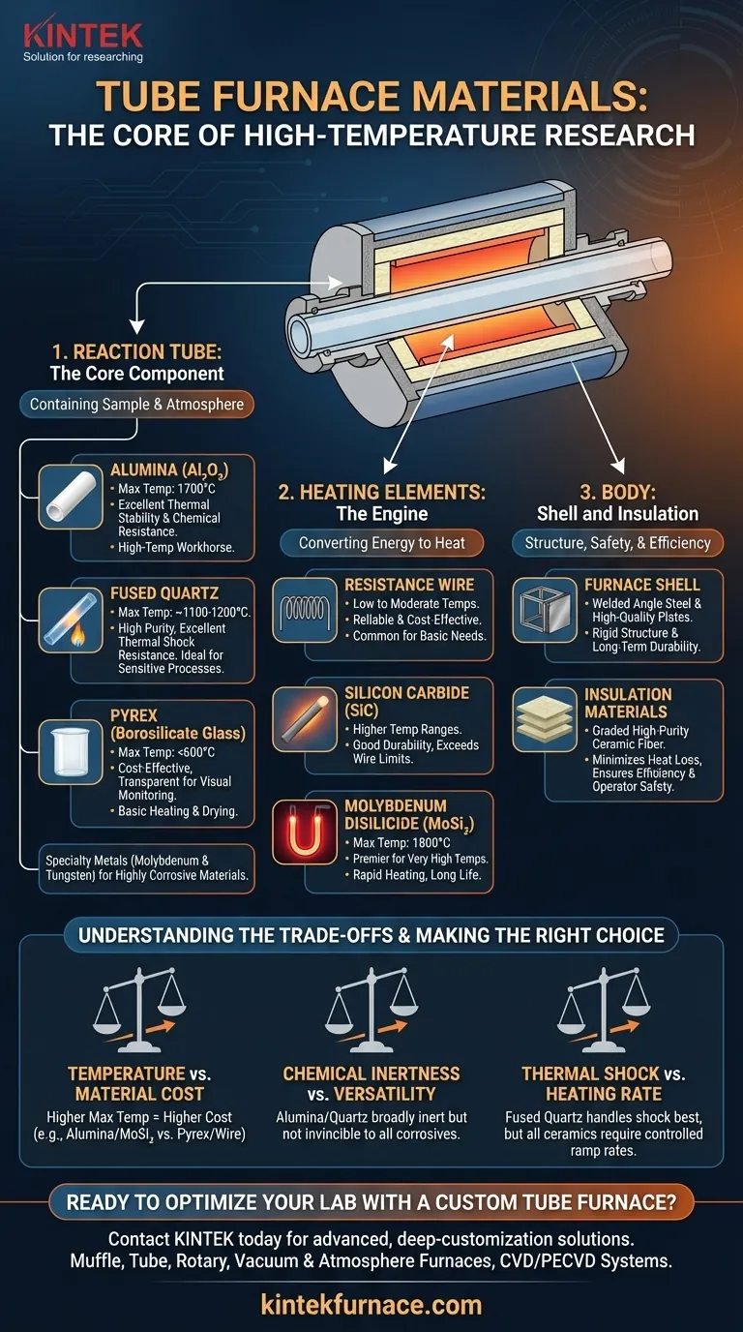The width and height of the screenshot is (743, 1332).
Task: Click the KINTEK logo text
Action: (x=82, y=36)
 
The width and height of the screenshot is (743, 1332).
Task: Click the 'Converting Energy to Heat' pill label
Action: (x=381, y=543)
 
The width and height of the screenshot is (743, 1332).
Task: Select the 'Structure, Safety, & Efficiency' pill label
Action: (x=617, y=543)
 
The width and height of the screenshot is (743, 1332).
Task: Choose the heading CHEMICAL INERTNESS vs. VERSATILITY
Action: (x=371, y=1084)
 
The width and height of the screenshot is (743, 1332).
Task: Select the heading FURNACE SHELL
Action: (x=641, y=585)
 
